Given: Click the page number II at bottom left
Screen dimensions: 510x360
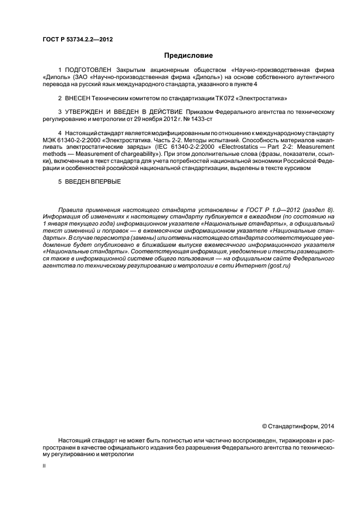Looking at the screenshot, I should (44, 467).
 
